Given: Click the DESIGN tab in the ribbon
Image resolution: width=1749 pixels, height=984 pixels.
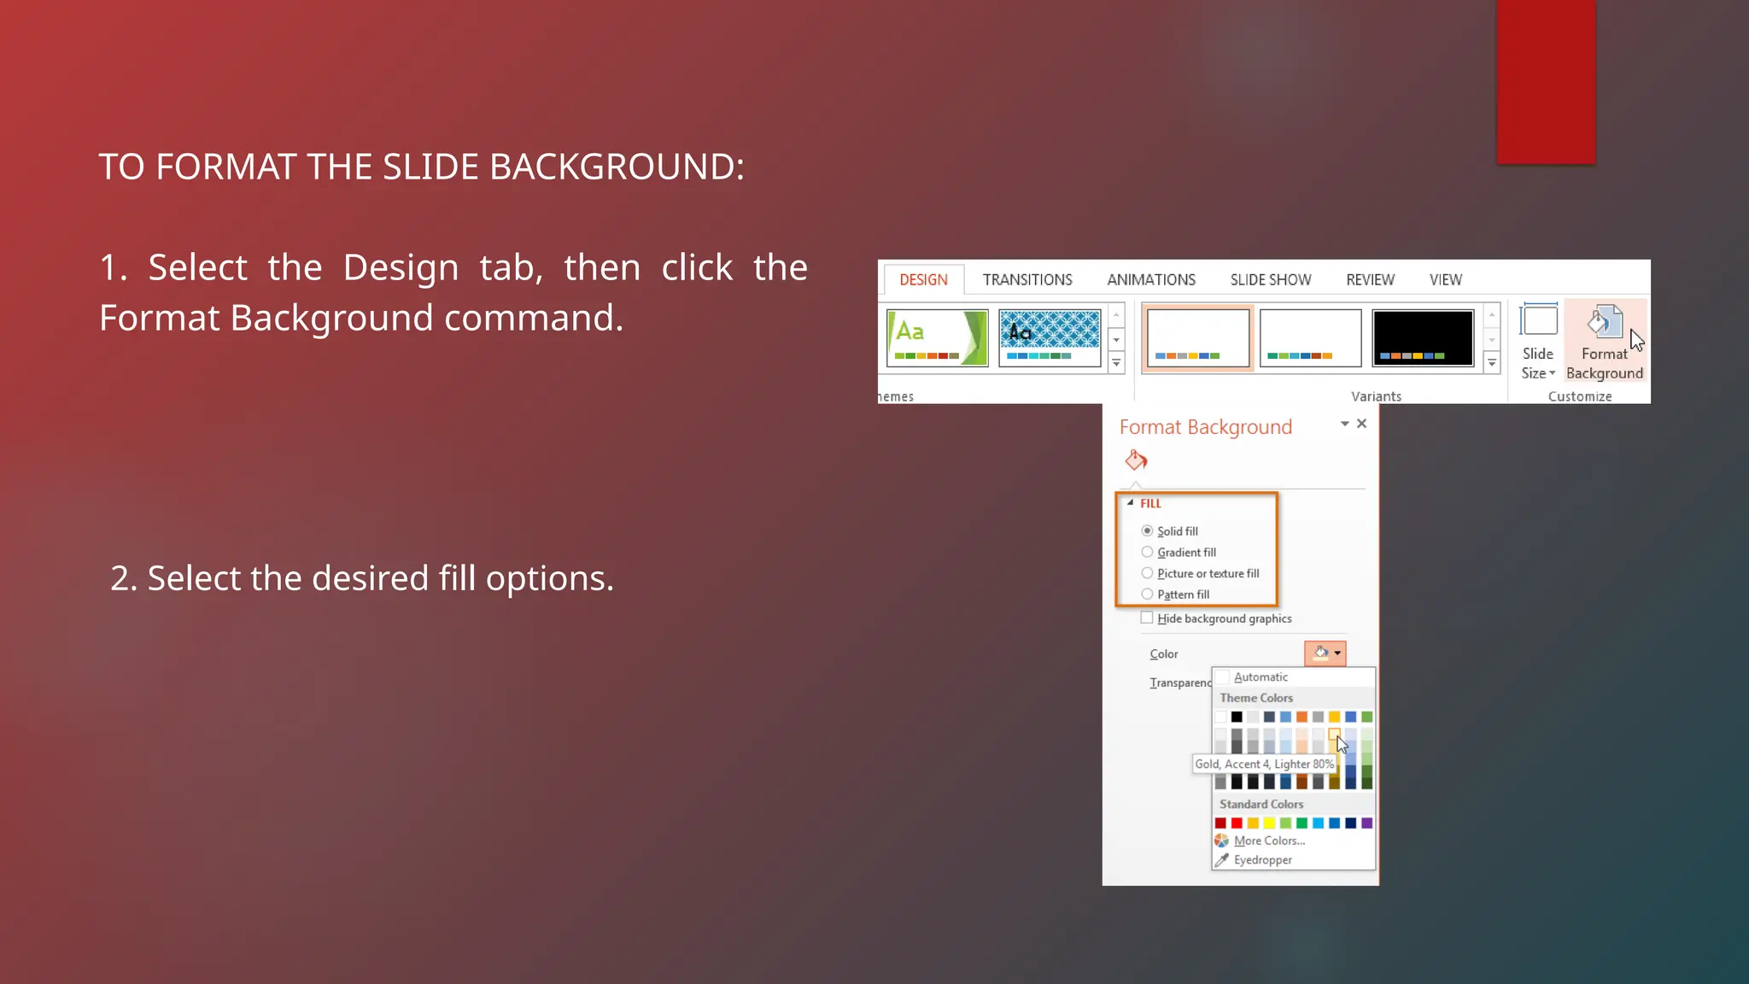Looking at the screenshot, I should (923, 280).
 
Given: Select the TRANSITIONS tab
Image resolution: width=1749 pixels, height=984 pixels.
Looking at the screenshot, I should (1027, 280).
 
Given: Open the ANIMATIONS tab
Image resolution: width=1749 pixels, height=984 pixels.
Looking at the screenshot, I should (1151, 280).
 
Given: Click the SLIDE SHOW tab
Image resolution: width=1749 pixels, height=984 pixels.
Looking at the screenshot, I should (1271, 280).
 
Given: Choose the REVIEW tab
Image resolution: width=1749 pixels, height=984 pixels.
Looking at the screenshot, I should (1370, 280).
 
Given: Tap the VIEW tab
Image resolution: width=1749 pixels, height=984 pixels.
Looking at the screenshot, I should (1446, 280).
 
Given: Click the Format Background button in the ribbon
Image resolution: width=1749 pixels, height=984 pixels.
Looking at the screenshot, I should (1605, 342).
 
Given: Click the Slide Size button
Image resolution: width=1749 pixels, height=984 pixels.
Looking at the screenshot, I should (1538, 342).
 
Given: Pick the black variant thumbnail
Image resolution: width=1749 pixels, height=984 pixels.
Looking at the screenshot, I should (1423, 338).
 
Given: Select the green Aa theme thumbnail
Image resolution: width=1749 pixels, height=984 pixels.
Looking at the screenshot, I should (937, 338).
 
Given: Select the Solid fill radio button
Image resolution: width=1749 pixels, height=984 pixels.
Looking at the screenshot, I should (1148, 531).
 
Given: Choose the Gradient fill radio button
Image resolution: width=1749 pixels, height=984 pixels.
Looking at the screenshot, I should (1148, 553).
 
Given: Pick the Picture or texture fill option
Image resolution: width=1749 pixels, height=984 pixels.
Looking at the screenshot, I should (1148, 573).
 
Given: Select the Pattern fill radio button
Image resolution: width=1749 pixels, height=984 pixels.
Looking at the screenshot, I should (1148, 594).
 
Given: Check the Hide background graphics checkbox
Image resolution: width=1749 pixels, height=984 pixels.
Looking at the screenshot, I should (1147, 618).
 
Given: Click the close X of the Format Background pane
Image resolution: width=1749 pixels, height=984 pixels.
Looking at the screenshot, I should (1362, 424).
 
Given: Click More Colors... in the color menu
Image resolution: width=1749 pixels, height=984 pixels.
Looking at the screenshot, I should (1269, 841).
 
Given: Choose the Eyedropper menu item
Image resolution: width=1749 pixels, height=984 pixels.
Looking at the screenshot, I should (1262, 860).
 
